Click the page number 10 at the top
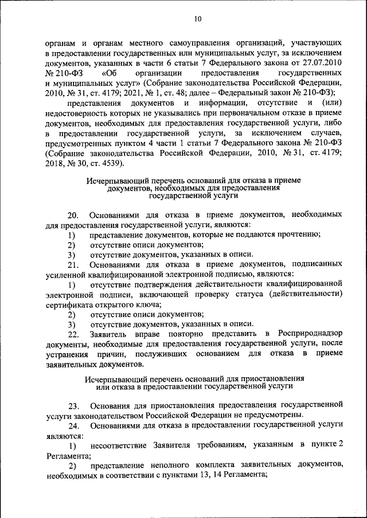click(198, 19)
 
